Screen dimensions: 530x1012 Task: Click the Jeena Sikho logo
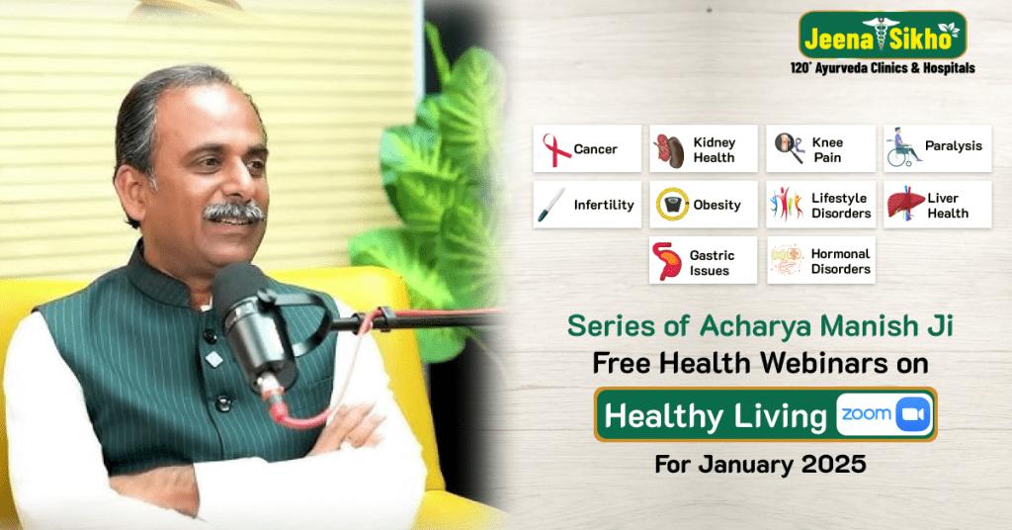[882, 36]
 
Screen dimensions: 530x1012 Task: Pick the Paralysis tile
[937, 147]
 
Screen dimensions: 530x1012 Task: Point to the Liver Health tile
[937, 205]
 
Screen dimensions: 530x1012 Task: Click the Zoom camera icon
[912, 415]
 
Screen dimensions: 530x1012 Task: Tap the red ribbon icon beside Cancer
[556, 149]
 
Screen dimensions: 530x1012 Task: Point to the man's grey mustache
[233, 211]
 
